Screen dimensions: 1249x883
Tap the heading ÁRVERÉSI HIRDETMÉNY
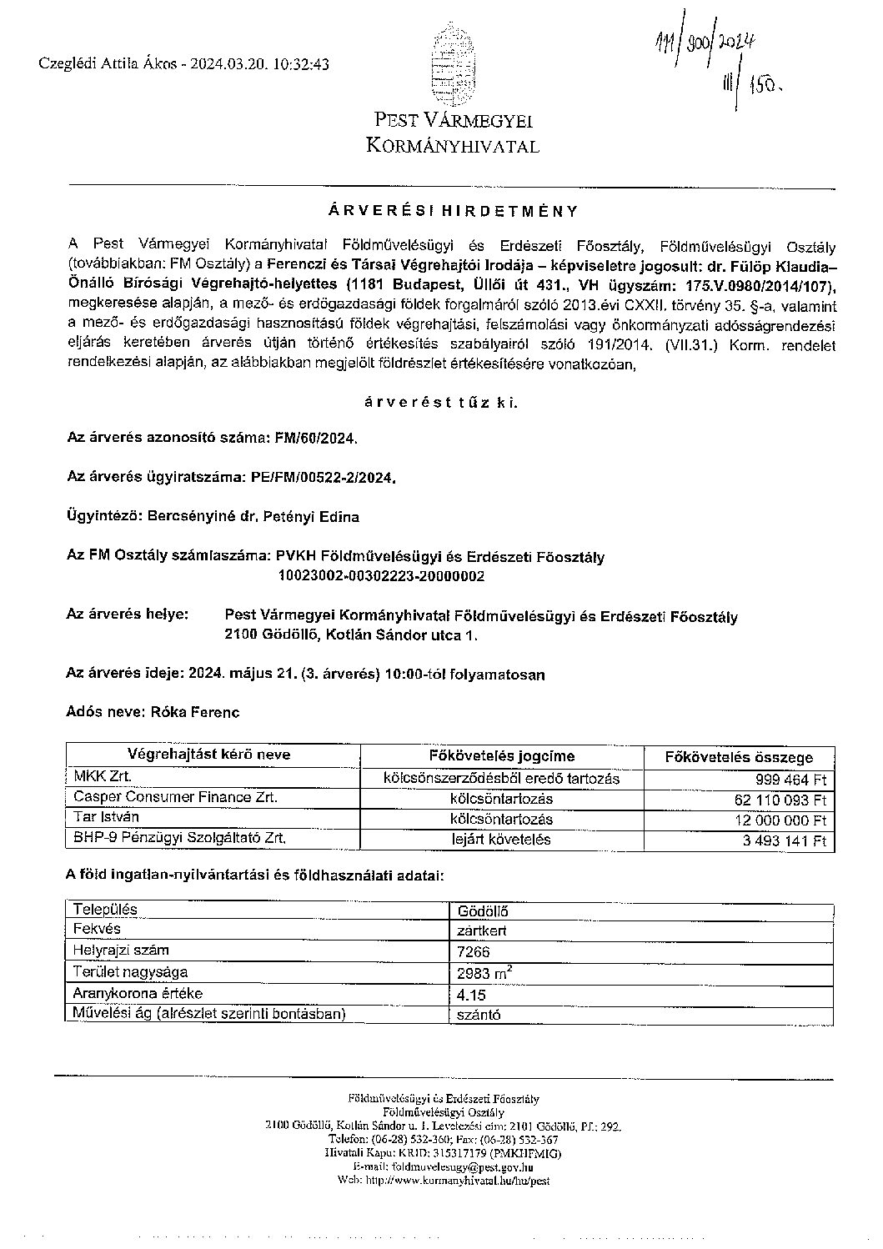click(451, 211)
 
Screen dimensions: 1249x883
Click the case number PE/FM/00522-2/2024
click(323, 478)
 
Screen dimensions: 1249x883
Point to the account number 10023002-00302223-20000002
click(382, 576)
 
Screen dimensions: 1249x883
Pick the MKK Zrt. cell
click(104, 777)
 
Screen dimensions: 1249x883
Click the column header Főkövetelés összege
click(738, 758)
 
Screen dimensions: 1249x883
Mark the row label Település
click(106, 910)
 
